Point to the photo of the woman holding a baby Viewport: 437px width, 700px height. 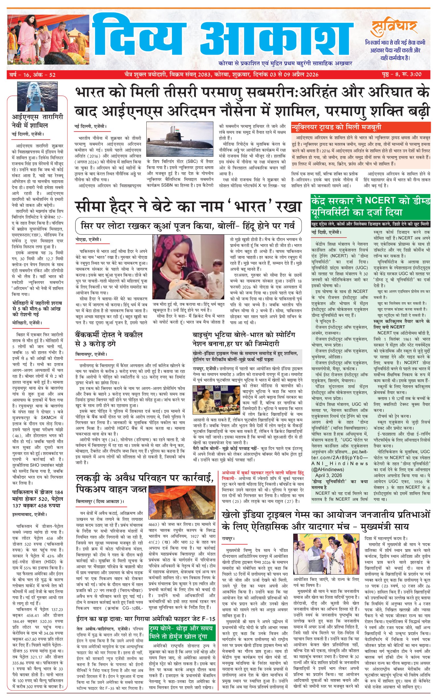188,266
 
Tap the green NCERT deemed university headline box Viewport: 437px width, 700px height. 370,207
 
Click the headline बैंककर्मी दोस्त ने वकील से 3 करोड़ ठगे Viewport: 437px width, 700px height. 109,339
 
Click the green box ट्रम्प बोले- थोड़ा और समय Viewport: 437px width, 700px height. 182,632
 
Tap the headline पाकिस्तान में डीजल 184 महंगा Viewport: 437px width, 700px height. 38,499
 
